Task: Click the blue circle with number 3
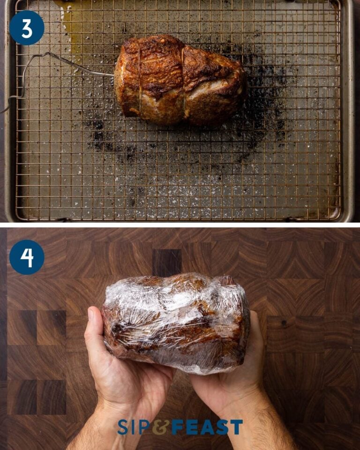coord(27,28)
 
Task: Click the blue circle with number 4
coord(27,257)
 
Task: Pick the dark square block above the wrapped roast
coord(167,262)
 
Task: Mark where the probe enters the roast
coord(115,75)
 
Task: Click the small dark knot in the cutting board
coord(284,322)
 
